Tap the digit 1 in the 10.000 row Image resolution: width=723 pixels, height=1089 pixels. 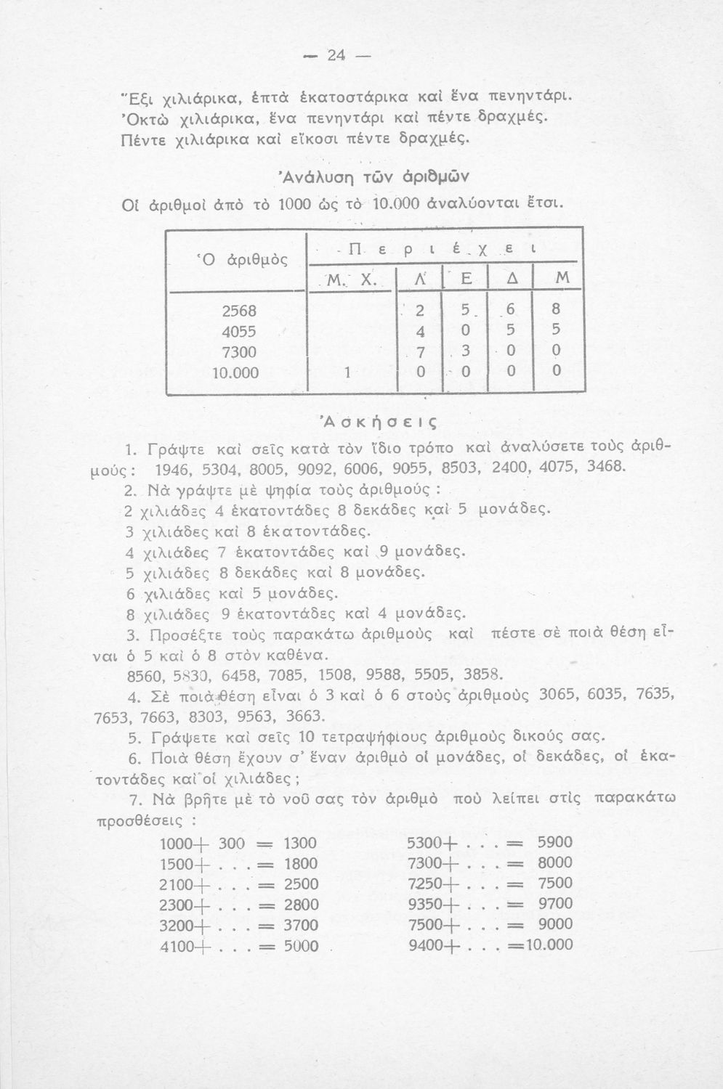tap(347, 373)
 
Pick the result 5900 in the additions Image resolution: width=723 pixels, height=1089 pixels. tap(555, 843)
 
